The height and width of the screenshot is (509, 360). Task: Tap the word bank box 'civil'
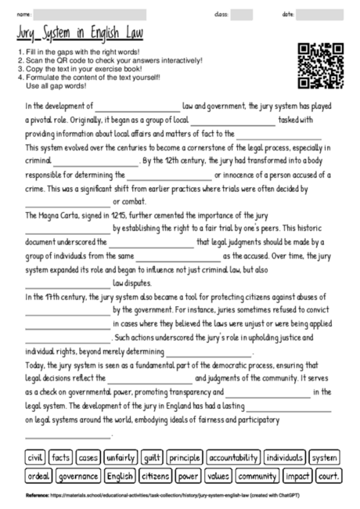tap(34, 457)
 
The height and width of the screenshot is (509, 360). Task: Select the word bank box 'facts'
tap(60, 457)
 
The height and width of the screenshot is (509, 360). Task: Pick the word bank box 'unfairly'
tap(121, 457)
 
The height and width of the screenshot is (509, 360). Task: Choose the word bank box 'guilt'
tap(152, 457)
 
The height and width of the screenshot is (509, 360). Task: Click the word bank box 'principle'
tap(185, 457)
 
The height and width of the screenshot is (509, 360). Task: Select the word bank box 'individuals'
tap(284, 457)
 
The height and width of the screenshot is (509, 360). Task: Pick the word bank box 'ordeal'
tap(38, 475)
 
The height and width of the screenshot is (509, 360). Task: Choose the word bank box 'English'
tap(120, 475)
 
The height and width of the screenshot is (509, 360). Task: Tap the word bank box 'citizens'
tap(156, 475)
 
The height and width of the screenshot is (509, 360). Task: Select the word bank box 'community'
tap(257, 475)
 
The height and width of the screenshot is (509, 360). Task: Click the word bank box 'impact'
tap(298, 475)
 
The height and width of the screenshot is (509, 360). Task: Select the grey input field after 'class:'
tap(241, 14)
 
